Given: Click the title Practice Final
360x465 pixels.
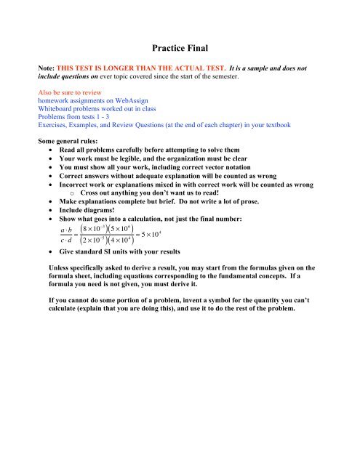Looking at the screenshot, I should (x=180, y=49).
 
